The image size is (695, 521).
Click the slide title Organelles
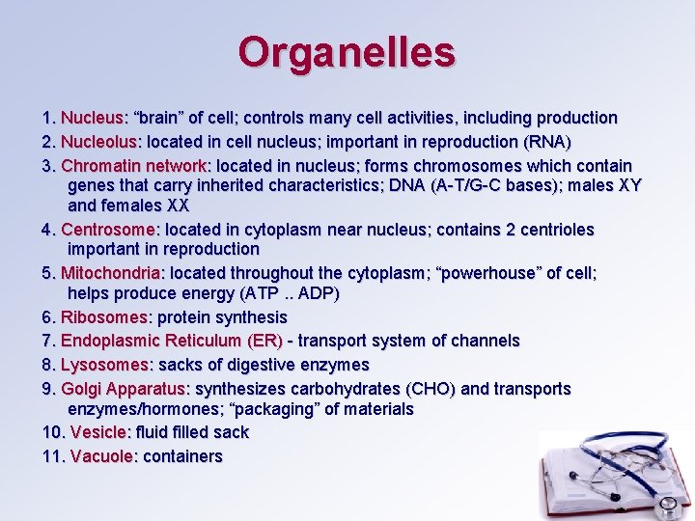tap(347, 52)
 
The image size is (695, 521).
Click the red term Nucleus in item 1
tap(93, 118)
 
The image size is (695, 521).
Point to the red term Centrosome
tap(108, 230)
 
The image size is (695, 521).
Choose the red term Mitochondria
tap(111, 273)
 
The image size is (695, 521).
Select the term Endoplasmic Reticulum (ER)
tap(172, 341)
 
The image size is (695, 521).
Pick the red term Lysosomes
tap(104, 365)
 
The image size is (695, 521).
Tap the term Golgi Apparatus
tap(123, 389)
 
